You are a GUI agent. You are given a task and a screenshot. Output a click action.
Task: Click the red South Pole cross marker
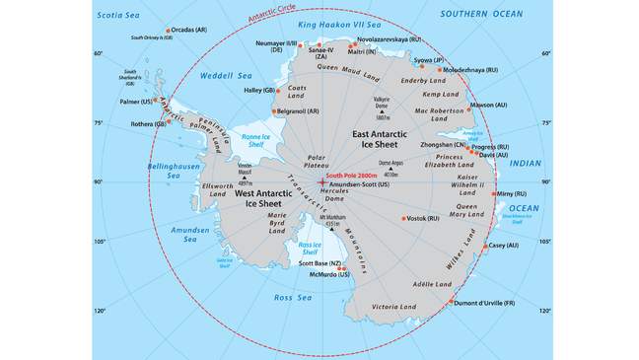coord(321,181)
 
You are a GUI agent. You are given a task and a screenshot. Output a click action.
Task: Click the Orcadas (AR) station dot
coord(167,30)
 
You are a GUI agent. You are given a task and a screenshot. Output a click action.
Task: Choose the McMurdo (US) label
coord(329,273)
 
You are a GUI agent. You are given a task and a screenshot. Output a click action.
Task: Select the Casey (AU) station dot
coord(484,245)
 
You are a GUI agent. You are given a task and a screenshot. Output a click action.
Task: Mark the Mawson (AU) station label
coord(488,104)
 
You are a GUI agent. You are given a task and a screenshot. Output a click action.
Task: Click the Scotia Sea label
coord(122,15)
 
